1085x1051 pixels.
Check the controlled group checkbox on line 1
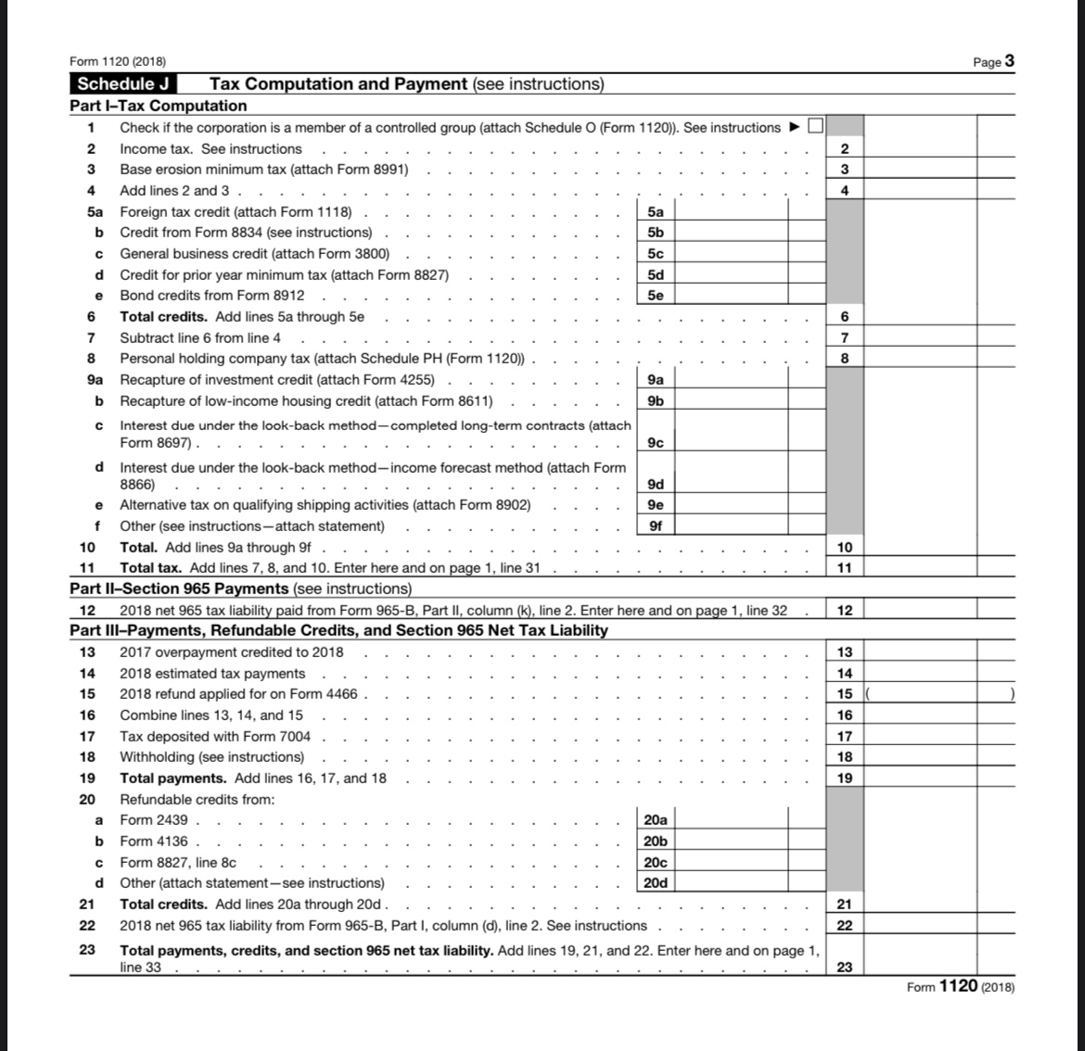[x=815, y=127]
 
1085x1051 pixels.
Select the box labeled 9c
[x=655, y=443]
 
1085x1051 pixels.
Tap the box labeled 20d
[x=655, y=883]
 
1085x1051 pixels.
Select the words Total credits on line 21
[x=164, y=905]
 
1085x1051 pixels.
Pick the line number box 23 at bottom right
[x=844, y=968]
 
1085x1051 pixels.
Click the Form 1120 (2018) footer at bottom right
[x=960, y=986]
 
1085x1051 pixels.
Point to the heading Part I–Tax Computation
[x=159, y=106]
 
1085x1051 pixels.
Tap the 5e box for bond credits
[x=655, y=296]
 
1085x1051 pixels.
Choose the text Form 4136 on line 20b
[x=154, y=842]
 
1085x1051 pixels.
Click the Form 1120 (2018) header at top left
[x=118, y=61]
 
